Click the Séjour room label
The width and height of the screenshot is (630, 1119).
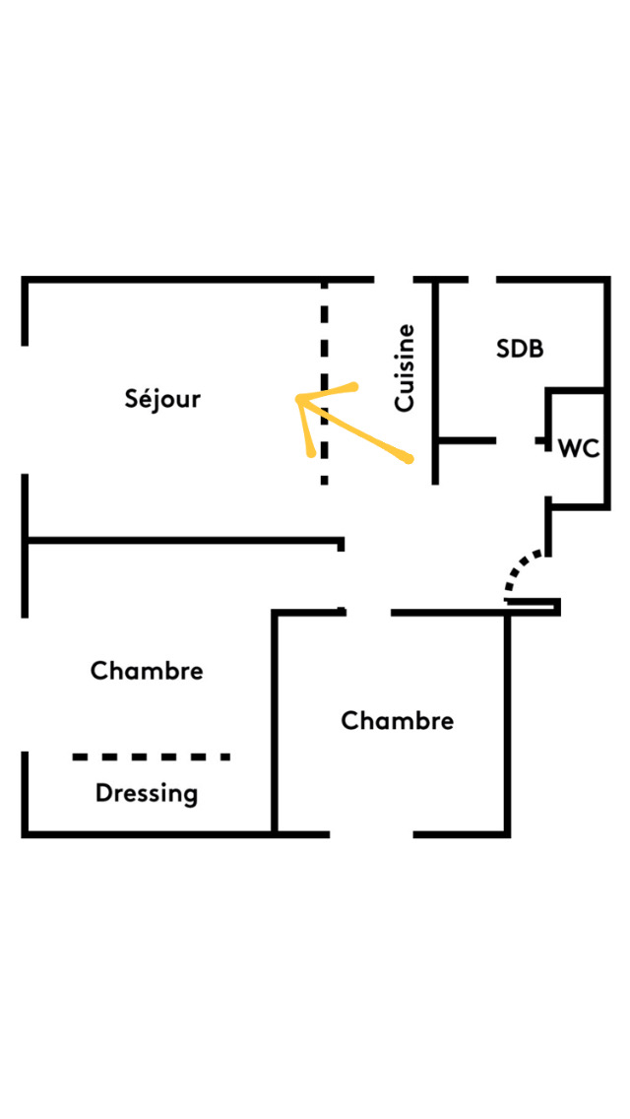(162, 400)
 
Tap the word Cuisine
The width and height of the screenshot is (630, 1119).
(405, 367)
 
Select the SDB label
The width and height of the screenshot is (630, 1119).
(520, 349)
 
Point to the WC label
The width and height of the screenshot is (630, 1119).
(579, 449)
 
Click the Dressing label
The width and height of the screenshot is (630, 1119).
(147, 794)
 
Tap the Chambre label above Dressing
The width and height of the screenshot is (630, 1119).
(147, 671)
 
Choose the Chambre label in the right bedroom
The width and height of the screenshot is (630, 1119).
(398, 721)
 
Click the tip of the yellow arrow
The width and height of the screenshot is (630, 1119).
(298, 398)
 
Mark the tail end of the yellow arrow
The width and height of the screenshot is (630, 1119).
(409, 459)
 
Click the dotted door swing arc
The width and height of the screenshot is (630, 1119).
(518, 566)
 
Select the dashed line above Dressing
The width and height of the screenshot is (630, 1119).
(152, 757)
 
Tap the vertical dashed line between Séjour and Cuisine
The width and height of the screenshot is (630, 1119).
(325, 383)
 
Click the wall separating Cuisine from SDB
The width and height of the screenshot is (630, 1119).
(435, 383)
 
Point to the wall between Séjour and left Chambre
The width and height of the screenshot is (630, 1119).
(184, 540)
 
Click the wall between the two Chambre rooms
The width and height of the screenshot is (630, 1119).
(275, 722)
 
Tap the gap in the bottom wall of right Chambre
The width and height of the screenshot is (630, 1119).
(371, 833)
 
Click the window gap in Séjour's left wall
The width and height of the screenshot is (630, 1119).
(25, 410)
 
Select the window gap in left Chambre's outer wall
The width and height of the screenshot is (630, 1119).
(25, 684)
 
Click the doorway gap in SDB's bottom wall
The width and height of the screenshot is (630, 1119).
(515, 441)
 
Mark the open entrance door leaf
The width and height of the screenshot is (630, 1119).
(533, 607)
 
